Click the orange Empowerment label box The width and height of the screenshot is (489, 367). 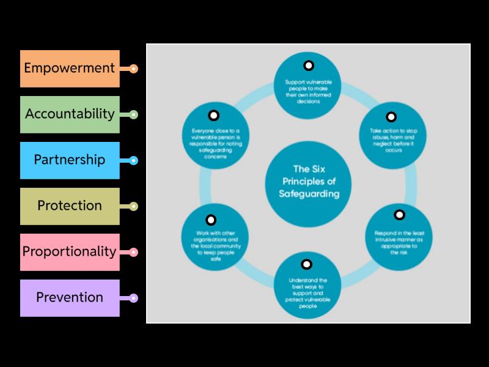tap(70, 69)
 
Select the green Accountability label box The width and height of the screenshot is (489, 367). tap(70, 114)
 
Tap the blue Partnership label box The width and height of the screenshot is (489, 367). tap(70, 160)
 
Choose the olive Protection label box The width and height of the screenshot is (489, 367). tap(70, 206)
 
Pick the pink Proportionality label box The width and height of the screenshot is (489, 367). tap(70, 252)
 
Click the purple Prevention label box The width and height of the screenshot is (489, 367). tap(70, 298)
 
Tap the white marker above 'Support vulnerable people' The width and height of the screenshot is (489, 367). tap(309, 65)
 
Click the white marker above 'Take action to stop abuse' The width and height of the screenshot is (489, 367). tap(391, 116)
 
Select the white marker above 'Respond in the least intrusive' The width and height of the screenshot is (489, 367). tap(400, 215)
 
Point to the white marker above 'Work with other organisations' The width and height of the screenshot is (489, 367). tap(210, 220)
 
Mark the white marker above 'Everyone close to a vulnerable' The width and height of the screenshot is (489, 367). tap(213, 115)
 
